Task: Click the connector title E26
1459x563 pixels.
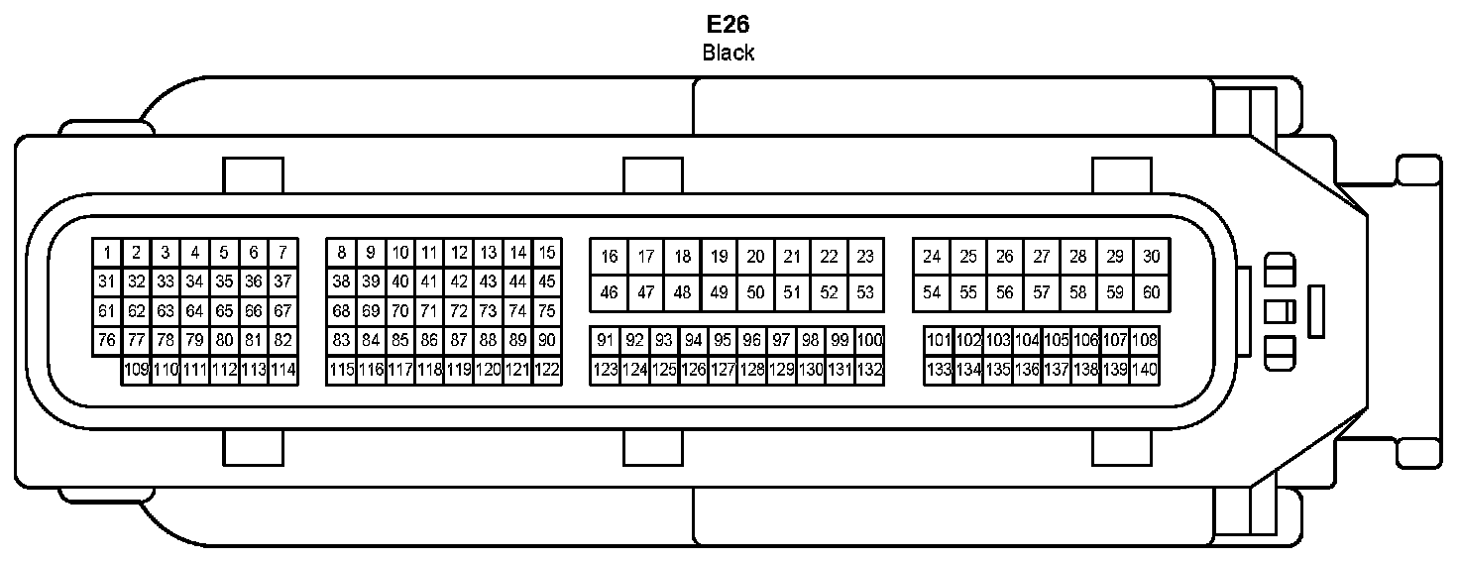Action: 729,24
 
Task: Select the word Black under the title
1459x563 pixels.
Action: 729,53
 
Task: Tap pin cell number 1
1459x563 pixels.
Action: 107,252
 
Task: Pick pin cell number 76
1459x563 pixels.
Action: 107,340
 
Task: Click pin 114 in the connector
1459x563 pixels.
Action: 282,370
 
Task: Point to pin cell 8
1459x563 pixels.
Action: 341,252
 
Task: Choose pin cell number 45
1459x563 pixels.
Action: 546,281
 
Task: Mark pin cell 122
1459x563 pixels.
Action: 546,370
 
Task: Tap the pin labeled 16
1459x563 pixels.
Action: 609,257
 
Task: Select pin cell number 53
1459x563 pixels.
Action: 865,292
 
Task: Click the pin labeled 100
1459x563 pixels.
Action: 869,340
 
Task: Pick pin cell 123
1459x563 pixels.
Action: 605,370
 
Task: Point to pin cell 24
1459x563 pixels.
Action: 932,257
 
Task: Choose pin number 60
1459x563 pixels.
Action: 1151,292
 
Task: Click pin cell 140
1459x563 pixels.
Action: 1145,370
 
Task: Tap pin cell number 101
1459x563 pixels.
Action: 939,340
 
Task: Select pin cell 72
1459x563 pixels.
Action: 458,311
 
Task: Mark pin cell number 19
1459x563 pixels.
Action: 719,257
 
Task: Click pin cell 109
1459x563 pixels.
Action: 136,370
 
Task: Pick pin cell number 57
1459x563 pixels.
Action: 1041,292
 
